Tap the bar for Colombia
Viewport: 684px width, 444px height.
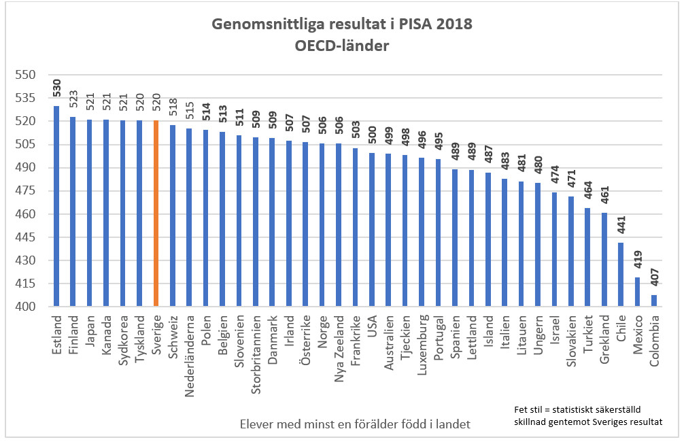click(x=654, y=301)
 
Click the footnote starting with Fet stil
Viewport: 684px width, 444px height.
click(x=588, y=415)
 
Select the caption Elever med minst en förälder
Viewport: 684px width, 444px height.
click(x=355, y=425)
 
